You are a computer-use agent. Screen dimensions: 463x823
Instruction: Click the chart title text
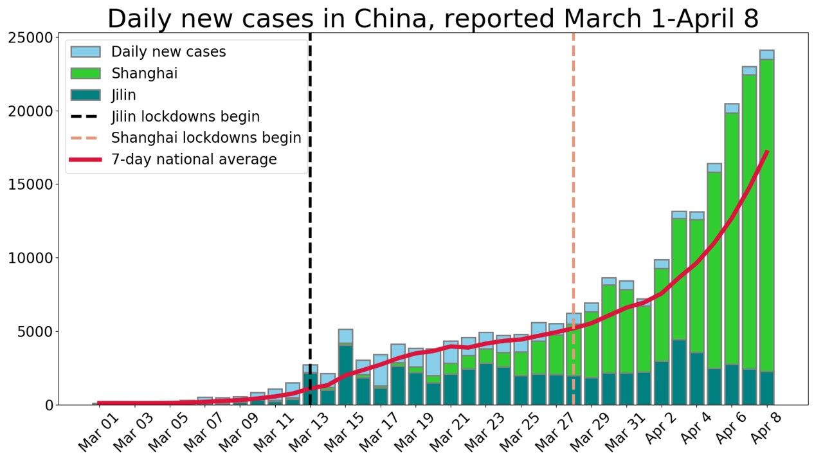(x=433, y=19)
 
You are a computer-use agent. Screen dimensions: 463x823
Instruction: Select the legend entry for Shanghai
(x=144, y=73)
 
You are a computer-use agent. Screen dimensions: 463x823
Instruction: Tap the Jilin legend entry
(x=123, y=95)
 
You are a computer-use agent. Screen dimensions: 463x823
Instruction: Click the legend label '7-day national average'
(x=194, y=159)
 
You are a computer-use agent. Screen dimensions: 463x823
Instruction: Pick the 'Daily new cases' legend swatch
(x=86, y=52)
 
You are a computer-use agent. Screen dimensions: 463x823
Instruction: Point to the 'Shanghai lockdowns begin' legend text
(x=206, y=138)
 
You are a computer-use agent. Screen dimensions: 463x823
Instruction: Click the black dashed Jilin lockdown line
(x=310, y=257)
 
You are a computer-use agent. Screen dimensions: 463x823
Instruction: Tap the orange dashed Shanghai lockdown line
(x=573, y=193)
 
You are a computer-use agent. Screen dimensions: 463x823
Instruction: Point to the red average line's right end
(x=766, y=152)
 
